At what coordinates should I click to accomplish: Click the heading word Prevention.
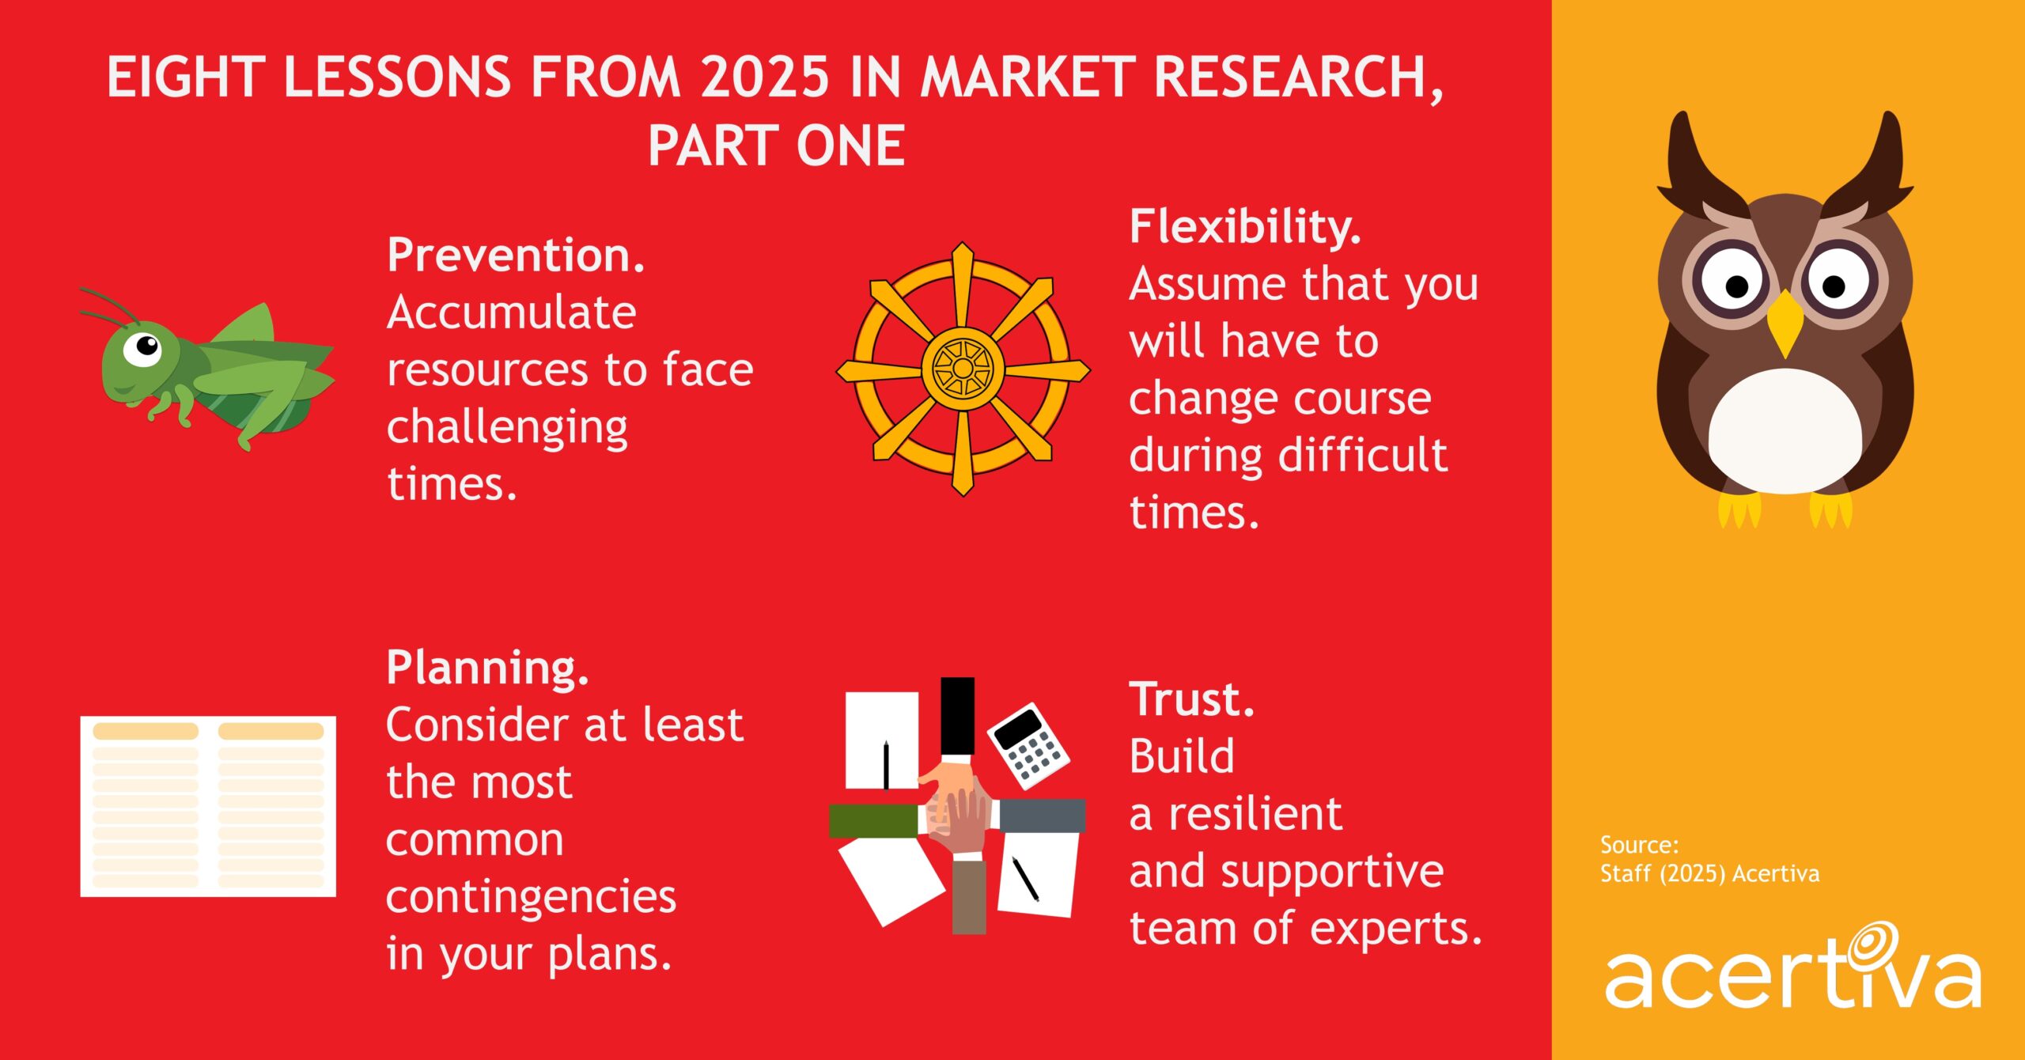pyautogui.click(x=516, y=256)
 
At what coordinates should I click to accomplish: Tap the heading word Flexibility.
pyautogui.click(x=1245, y=228)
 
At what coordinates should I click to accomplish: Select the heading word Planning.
pyautogui.click(x=487, y=668)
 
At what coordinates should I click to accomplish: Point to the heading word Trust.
pyautogui.click(x=1191, y=700)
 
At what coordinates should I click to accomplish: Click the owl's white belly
pyautogui.click(x=1785, y=431)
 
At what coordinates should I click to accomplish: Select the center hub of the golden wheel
pyautogui.click(x=963, y=369)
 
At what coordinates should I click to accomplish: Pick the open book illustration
pyautogui.click(x=208, y=806)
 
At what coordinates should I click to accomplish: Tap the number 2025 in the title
pyautogui.click(x=765, y=78)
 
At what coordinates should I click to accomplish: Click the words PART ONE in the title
pyautogui.click(x=776, y=146)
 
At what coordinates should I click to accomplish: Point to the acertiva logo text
pyautogui.click(x=1792, y=979)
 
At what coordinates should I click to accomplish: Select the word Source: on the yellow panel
pyautogui.click(x=1639, y=845)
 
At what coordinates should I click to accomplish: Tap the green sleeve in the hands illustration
pyautogui.click(x=873, y=820)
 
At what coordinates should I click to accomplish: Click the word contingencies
pyautogui.click(x=531, y=897)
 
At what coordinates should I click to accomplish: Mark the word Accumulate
pyautogui.click(x=511, y=313)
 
